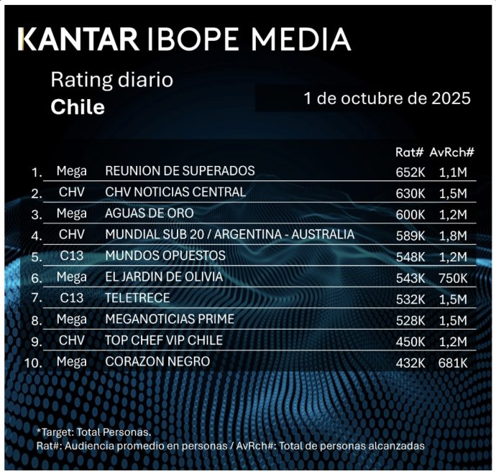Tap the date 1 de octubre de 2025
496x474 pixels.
[x=387, y=98]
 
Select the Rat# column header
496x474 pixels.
[x=410, y=152]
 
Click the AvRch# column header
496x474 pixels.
[x=452, y=152]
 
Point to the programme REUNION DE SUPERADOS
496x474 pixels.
[x=180, y=171]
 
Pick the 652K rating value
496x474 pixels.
[x=410, y=172]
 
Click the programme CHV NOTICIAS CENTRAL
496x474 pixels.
[x=175, y=192]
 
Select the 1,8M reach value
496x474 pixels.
[x=453, y=236]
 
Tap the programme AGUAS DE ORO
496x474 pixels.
[x=150, y=213]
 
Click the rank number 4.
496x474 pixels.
[x=37, y=236]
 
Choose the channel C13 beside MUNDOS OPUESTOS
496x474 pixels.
[x=72, y=256]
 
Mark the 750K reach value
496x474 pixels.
[x=453, y=278]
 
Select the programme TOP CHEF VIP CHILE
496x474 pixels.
[x=164, y=340]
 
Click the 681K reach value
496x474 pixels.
[x=453, y=363]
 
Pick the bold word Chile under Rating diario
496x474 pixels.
[x=78, y=108]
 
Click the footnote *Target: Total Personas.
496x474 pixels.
[x=93, y=432]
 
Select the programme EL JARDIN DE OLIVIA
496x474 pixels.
[x=164, y=276]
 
